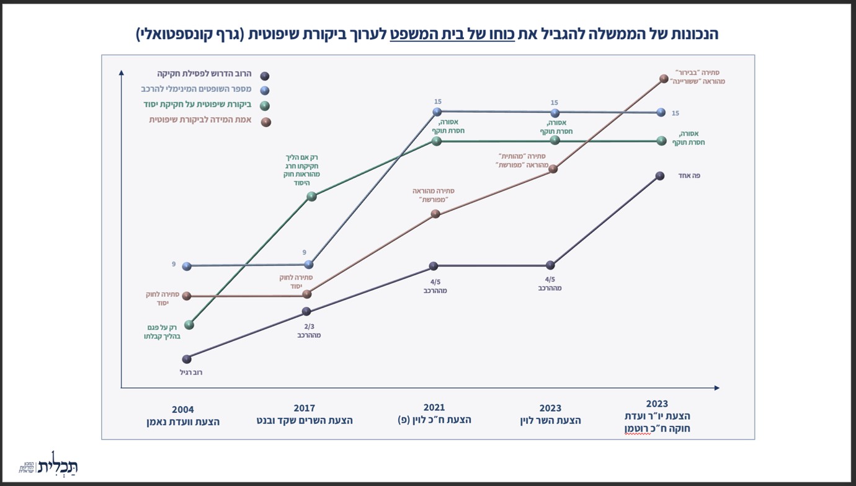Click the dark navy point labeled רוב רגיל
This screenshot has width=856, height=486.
pyautogui.click(x=187, y=359)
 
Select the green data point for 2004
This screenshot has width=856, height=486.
pyautogui.click(x=189, y=325)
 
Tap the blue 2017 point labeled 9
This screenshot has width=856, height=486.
pyautogui.click(x=309, y=264)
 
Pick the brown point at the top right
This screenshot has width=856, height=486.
pyautogui.click(x=664, y=79)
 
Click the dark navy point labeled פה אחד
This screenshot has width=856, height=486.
pyautogui.click(x=660, y=175)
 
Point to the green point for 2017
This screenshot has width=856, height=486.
pyautogui.click(x=312, y=197)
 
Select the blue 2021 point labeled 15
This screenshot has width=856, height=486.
pyautogui.click(x=437, y=112)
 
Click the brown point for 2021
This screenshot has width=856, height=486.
pyautogui.click(x=435, y=214)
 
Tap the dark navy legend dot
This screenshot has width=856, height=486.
pyautogui.click(x=265, y=76)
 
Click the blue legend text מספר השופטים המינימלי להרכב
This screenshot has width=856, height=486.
pyautogui.click(x=197, y=89)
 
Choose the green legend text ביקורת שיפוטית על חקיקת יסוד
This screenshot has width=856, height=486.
pyautogui.click(x=198, y=104)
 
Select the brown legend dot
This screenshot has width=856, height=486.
pyautogui.click(x=266, y=122)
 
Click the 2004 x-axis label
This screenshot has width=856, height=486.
pyautogui.click(x=182, y=415)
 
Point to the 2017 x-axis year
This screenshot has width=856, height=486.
pyautogui.click(x=304, y=408)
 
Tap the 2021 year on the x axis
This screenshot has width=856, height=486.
pyautogui.click(x=434, y=407)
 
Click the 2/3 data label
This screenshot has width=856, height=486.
pyautogui.click(x=309, y=327)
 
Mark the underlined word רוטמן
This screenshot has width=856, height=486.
pyautogui.click(x=638, y=428)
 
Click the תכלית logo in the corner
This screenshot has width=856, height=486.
pyautogui.click(x=48, y=464)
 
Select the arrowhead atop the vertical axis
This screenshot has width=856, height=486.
pyautogui.click(x=122, y=73)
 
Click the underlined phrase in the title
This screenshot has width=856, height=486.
pyautogui.click(x=452, y=34)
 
